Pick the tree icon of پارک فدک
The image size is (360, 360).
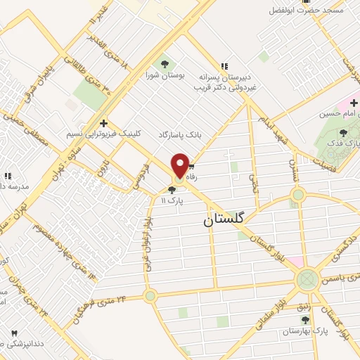click(343, 132)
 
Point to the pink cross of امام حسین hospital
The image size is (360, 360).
click(354, 103)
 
